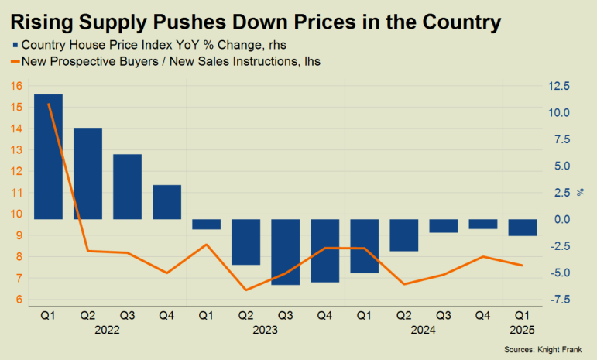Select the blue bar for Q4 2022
(x=166, y=202)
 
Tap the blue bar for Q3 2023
(x=285, y=252)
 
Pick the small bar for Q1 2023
(x=206, y=225)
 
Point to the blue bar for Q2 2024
(x=403, y=235)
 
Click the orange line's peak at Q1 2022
(x=48, y=103)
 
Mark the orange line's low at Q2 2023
(x=245, y=290)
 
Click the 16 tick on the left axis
(x=16, y=85)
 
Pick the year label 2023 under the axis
(x=265, y=330)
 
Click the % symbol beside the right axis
(x=581, y=191)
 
